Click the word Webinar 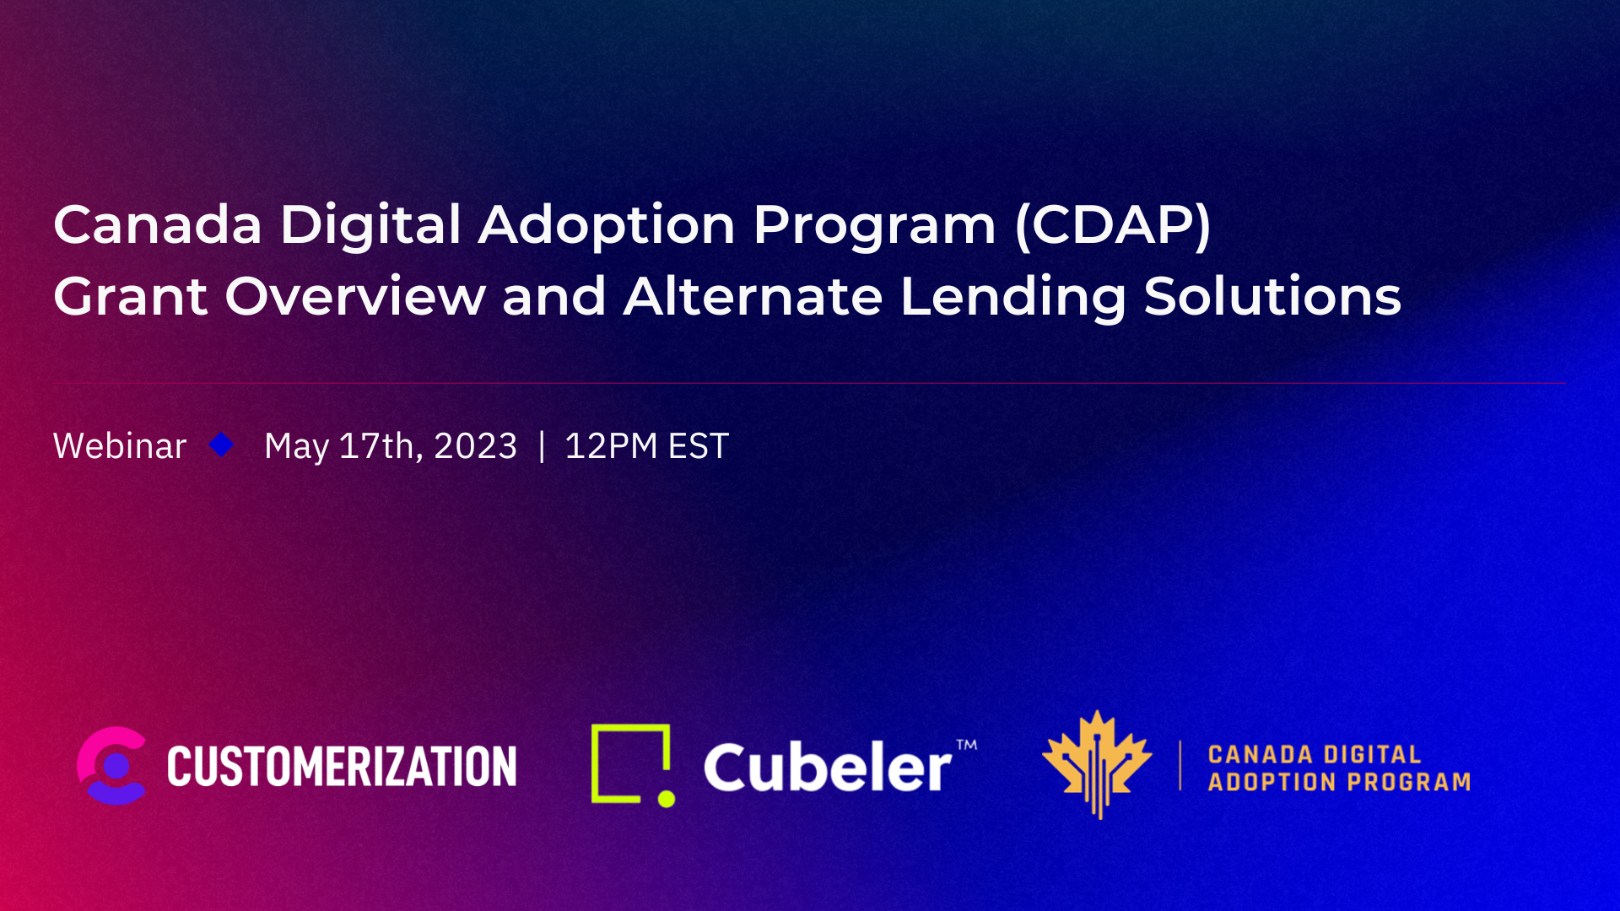point(120,446)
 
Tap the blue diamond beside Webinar point(222,445)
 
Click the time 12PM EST point(646,446)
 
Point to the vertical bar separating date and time point(542,446)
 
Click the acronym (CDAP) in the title point(1113,225)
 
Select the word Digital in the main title point(370,225)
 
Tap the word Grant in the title point(131,297)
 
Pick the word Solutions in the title point(1272,297)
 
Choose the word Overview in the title point(355,297)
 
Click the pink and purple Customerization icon point(112,766)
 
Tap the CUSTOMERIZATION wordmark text point(342,767)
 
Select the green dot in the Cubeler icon point(667,798)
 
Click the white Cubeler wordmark point(828,768)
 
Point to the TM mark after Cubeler point(967,745)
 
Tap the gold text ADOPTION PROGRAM point(1339,783)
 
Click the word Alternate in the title point(753,297)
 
